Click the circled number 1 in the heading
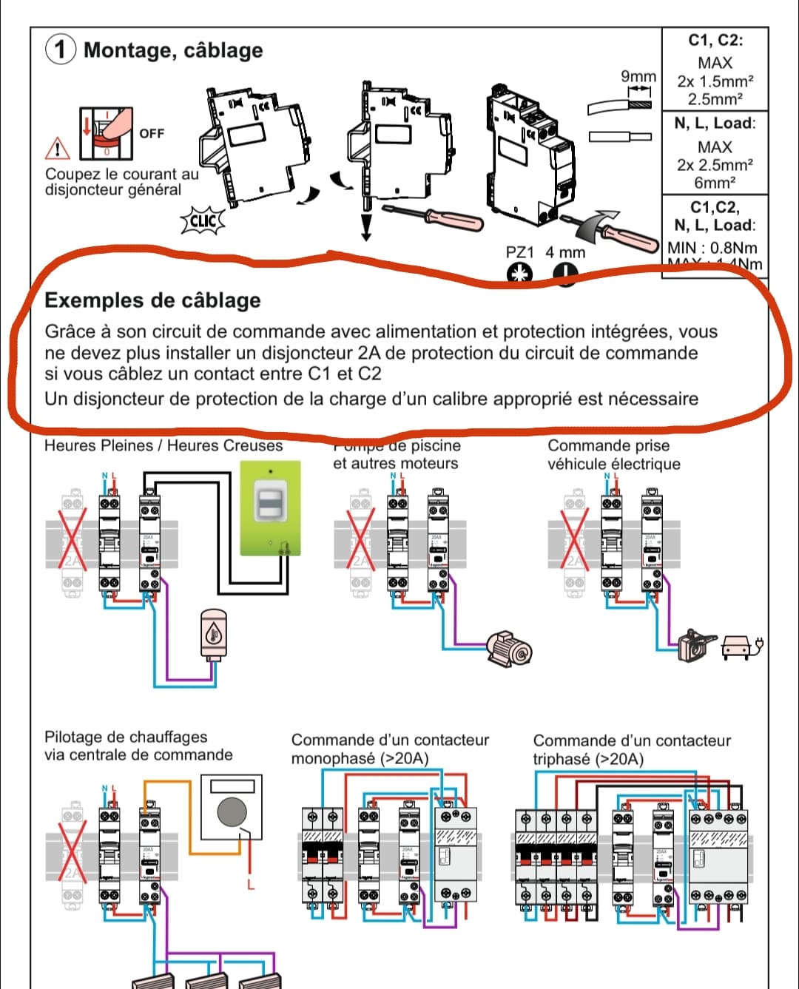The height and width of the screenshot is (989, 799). point(61,50)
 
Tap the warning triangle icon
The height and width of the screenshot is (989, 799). point(57,149)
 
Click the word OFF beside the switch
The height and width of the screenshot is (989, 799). point(152,134)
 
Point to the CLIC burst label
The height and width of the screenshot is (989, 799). point(203,220)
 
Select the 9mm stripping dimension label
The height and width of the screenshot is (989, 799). point(638,77)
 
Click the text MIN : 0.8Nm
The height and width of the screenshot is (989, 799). point(712,248)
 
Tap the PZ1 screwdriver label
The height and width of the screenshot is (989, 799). point(519,252)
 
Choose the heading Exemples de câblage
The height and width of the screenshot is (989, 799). point(152,300)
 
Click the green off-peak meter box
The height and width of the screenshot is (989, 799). point(270,508)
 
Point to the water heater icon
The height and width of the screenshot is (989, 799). point(214,634)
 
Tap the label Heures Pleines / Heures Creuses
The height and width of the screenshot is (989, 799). point(163,446)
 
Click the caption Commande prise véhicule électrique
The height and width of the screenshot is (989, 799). point(613,455)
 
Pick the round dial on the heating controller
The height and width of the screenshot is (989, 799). point(232,811)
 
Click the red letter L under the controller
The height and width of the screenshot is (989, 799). point(251,885)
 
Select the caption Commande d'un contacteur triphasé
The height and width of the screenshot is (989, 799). point(631,749)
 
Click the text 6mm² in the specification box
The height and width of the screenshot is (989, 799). point(714,183)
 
